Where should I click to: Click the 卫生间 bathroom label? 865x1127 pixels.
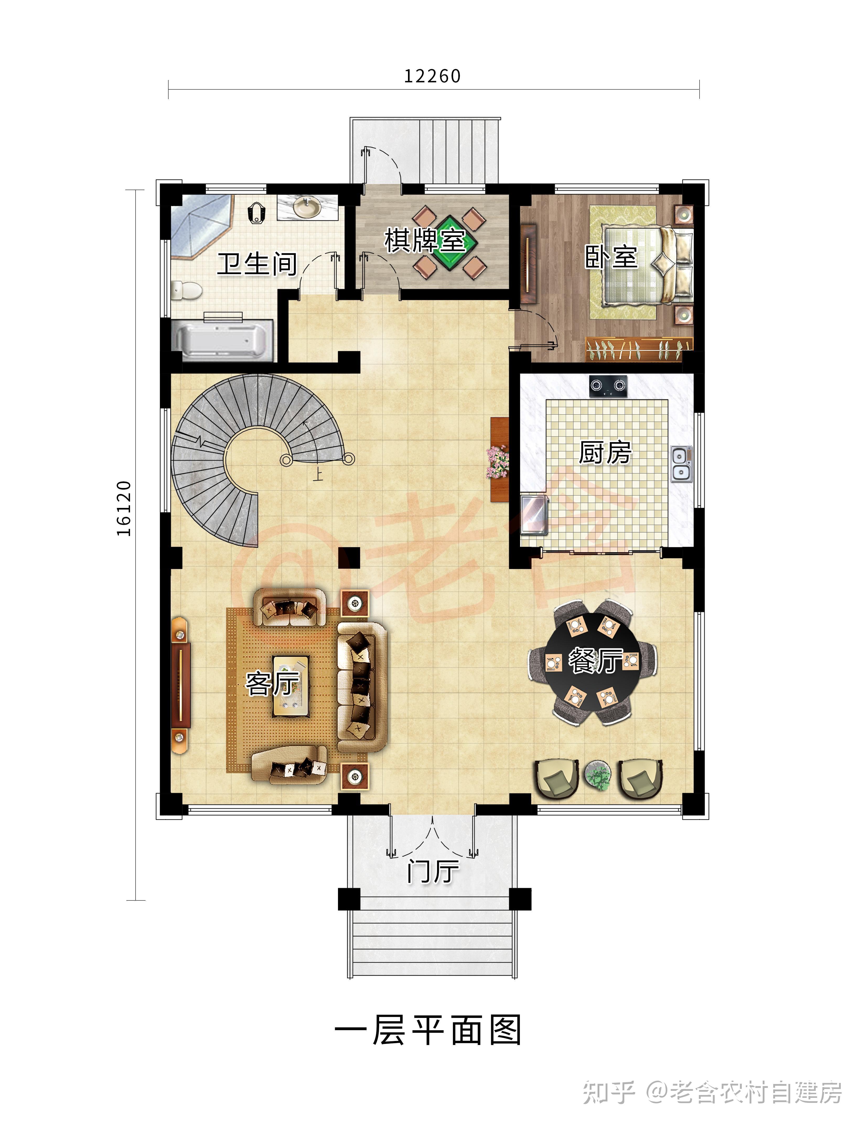coord(257,264)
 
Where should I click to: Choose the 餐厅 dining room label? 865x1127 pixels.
coord(595,661)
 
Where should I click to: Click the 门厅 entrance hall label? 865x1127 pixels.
coord(433,871)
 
